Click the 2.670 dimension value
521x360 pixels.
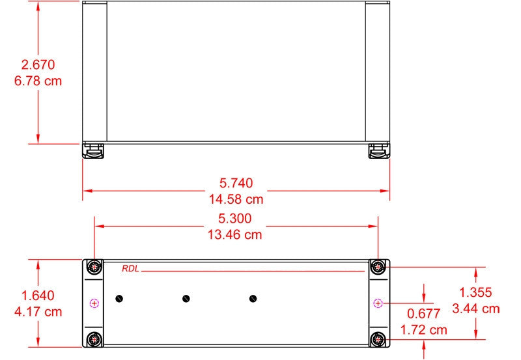point(38,64)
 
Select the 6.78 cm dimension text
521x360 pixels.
point(38,81)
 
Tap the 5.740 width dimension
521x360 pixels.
point(236,183)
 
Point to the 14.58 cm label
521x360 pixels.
point(236,199)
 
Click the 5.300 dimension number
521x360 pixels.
point(235,218)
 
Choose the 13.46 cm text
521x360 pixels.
point(235,235)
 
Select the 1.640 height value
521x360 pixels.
point(38,296)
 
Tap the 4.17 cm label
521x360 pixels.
point(38,312)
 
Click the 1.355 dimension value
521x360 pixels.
point(475,292)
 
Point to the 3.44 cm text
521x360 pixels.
point(476,309)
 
